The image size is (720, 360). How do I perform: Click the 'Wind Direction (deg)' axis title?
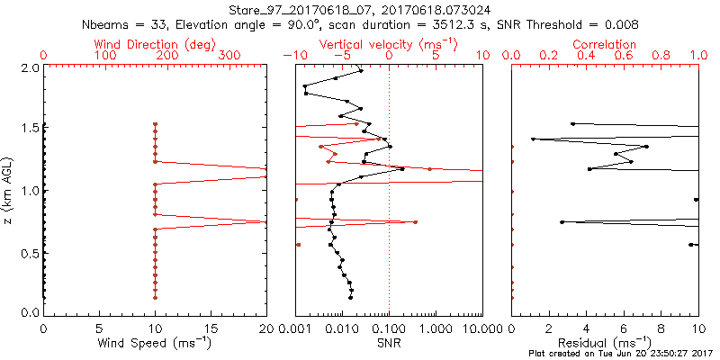(x=155, y=43)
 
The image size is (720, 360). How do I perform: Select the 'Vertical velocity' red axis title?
(x=388, y=43)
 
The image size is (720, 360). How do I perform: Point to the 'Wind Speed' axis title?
(x=155, y=343)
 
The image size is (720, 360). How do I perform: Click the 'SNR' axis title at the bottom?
(x=389, y=343)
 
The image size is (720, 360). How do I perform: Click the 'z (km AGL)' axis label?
(x=10, y=189)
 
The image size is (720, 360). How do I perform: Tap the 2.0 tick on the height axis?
(x=29, y=67)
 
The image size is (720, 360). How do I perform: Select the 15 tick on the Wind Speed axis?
(x=211, y=328)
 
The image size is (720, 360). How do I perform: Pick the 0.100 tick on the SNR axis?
(x=389, y=328)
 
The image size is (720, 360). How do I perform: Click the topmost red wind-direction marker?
(x=155, y=125)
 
